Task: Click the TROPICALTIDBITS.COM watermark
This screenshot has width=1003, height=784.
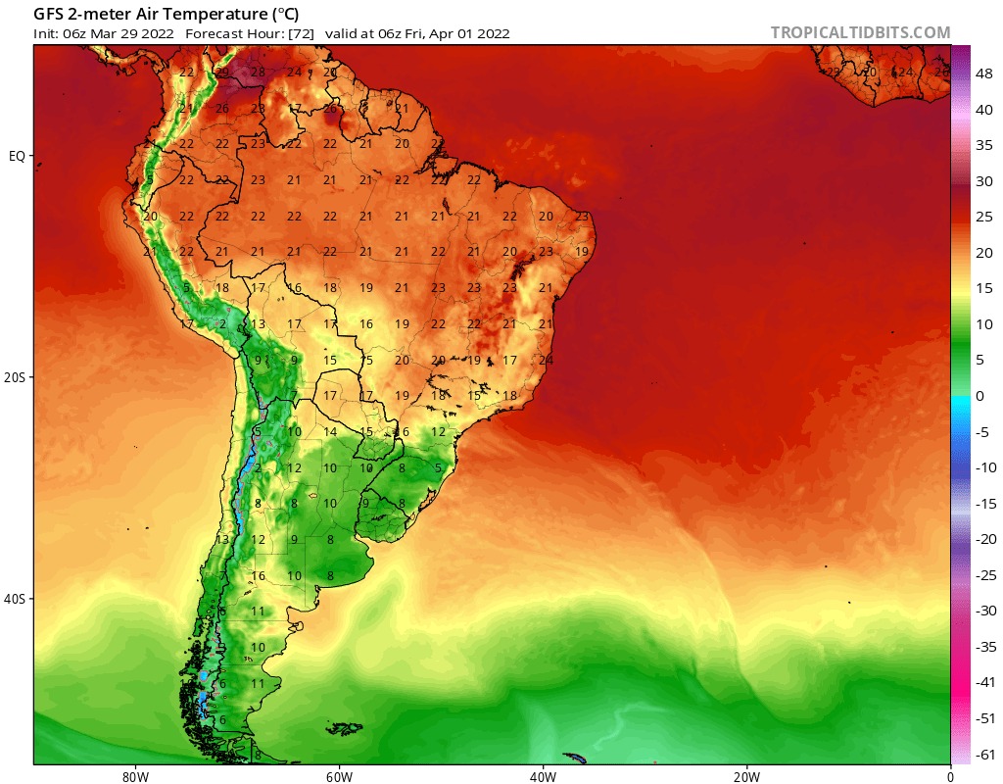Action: coord(860,32)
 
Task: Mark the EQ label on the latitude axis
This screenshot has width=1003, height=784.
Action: coord(17,156)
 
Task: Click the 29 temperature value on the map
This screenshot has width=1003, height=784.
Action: coord(222,72)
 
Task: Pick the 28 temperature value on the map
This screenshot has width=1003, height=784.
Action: coord(258,72)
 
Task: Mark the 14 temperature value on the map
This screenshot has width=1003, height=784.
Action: coord(331,432)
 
